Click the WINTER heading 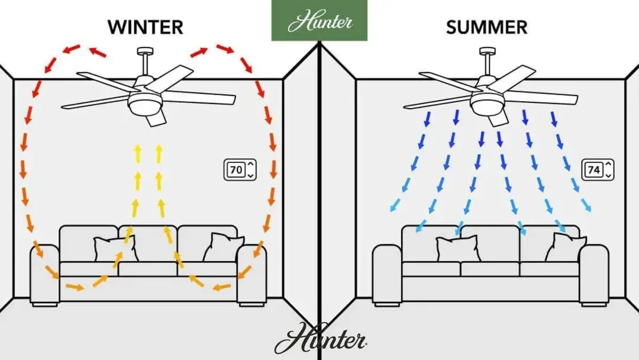(x=145, y=27)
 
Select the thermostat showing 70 (x=240, y=170)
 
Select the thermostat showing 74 (x=597, y=170)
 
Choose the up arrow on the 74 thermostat (x=608, y=164)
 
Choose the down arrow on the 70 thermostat (x=250, y=175)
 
